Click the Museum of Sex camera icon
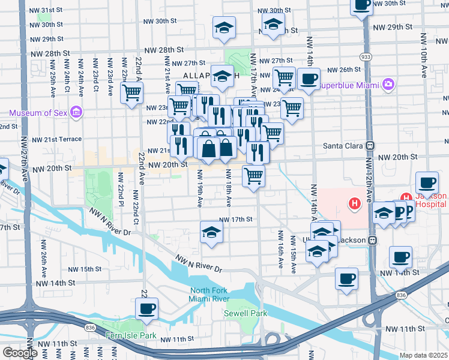pos(76,112)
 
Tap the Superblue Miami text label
pos(348,85)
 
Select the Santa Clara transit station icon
pos(370,145)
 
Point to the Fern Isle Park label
pos(130,335)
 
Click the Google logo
pos(19,353)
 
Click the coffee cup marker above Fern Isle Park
pos(146,308)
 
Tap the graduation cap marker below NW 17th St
pos(211,232)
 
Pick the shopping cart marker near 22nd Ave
pos(132,92)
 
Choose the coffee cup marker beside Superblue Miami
pos(309,79)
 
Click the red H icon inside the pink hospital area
pos(355,203)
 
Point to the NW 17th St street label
pos(235,220)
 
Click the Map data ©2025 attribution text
pos(424,355)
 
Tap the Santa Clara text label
pos(343,145)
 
